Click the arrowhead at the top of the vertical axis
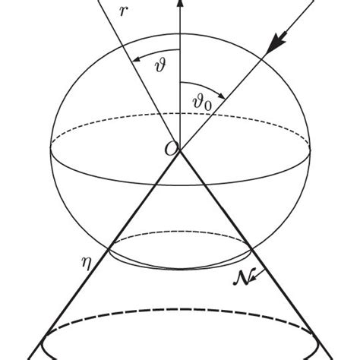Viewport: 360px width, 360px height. click(x=180, y=4)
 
